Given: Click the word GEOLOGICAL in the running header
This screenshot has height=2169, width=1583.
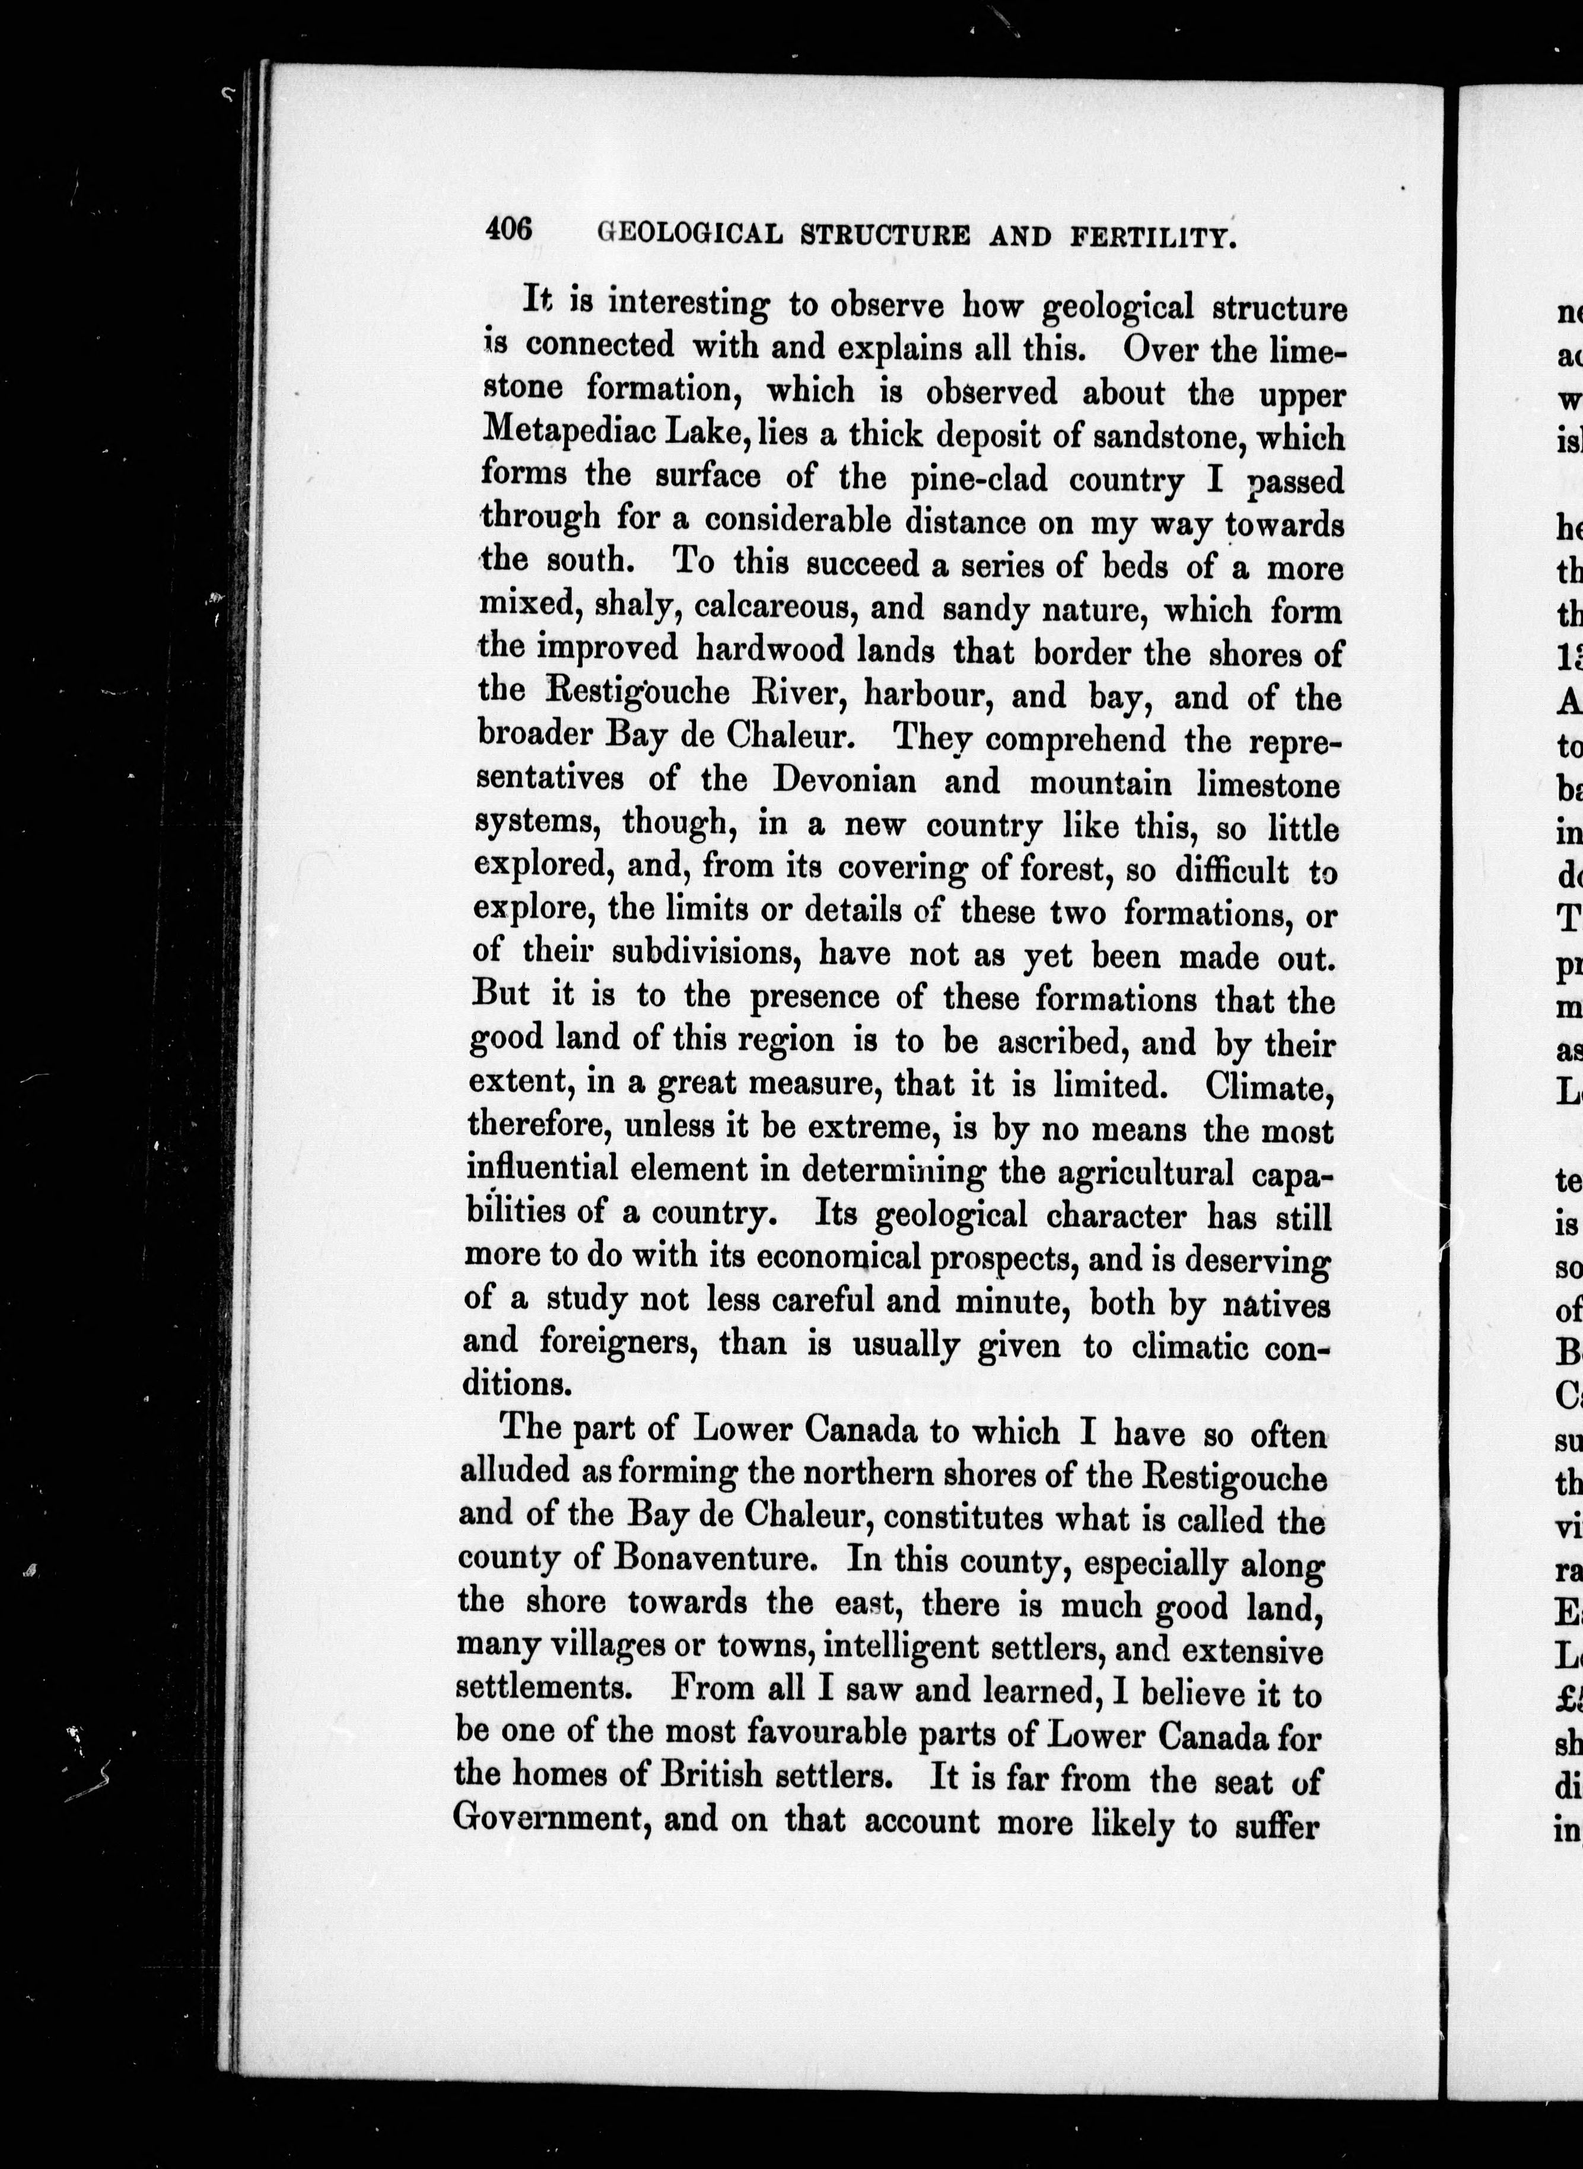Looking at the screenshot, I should coord(689,234).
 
